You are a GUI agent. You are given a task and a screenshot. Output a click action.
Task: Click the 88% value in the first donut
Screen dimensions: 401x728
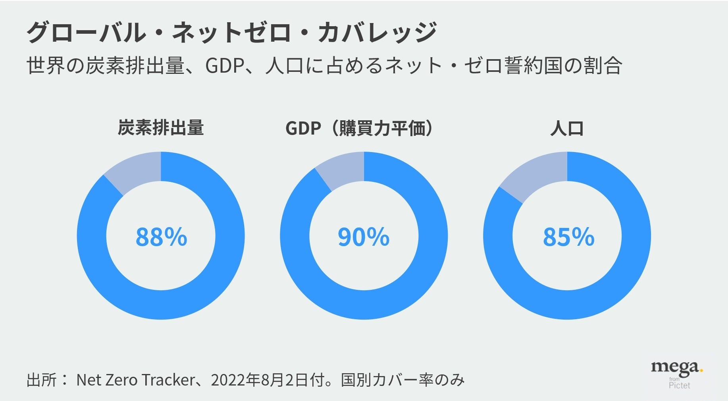(161, 237)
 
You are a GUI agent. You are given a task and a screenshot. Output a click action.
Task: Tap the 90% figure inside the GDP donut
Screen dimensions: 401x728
(364, 237)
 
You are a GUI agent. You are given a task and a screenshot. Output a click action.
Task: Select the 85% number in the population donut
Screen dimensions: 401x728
(568, 237)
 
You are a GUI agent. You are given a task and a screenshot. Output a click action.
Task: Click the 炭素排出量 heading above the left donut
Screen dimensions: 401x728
(161, 128)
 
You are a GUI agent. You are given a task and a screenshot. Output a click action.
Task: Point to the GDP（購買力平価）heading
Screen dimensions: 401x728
(359, 128)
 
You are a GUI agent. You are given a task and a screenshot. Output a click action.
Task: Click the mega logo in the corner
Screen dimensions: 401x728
(677, 367)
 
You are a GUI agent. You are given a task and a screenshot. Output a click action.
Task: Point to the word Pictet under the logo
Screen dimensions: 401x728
(679, 386)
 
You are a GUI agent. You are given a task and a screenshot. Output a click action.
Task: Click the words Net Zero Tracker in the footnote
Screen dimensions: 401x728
(135, 380)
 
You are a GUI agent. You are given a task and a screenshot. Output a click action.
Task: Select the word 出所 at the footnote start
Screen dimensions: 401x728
(42, 380)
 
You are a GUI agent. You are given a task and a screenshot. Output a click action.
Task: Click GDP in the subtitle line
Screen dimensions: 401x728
(224, 66)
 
